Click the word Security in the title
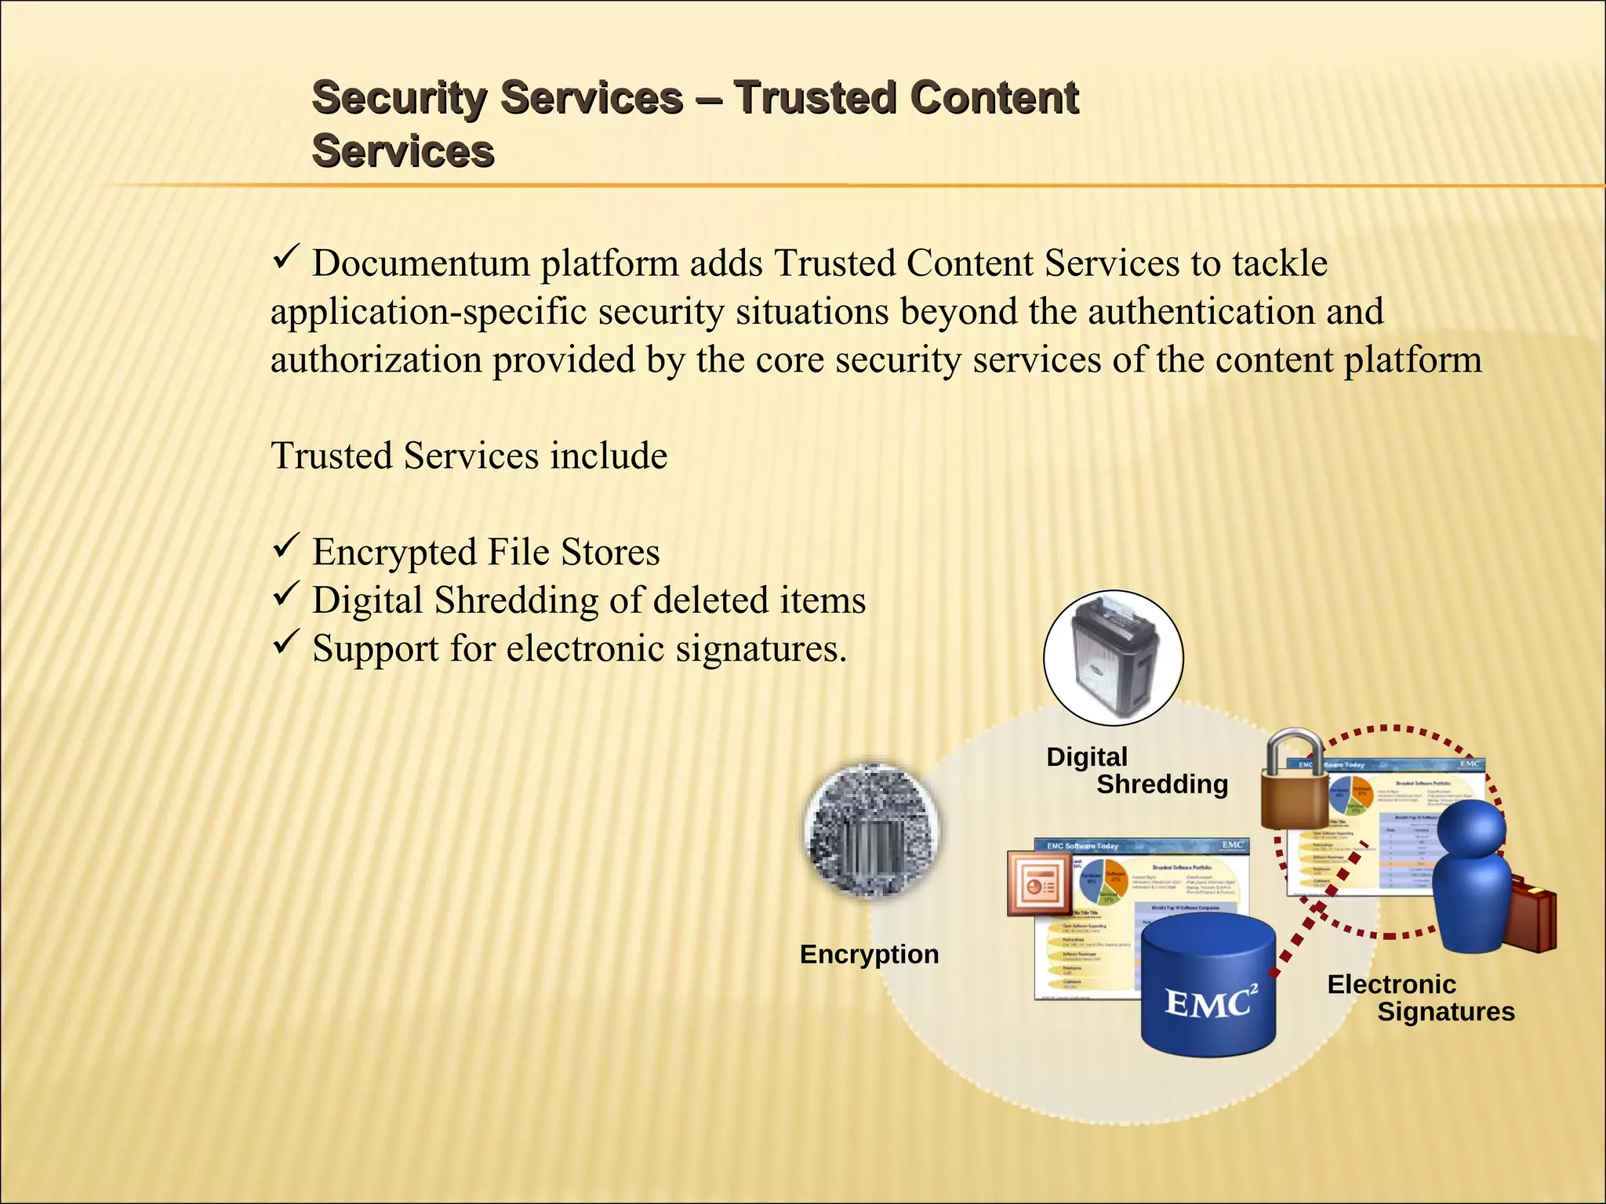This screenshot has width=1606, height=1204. coord(398,99)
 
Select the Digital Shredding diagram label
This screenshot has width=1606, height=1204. coord(1137,771)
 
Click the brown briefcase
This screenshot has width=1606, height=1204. coord(1529,913)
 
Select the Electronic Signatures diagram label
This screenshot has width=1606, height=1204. coord(1419,998)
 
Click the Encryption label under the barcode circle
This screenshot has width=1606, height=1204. coord(869,955)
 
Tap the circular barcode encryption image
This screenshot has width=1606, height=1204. coord(873,831)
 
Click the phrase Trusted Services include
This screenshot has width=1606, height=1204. coord(469,456)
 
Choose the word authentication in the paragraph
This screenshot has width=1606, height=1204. coord(1200,312)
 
